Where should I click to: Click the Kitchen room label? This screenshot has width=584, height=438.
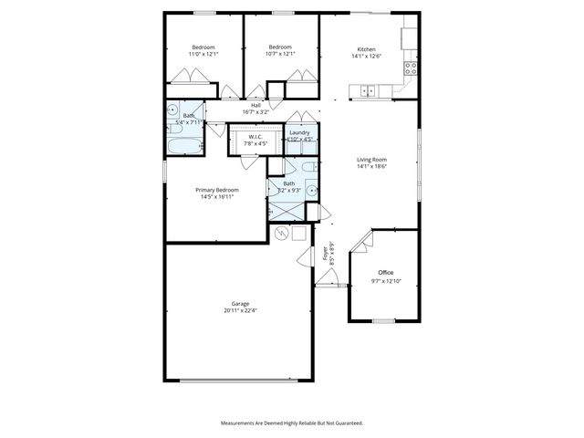[x=366, y=48]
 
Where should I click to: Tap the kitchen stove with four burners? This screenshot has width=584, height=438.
[x=412, y=67]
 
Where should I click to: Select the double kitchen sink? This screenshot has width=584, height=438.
[x=369, y=89]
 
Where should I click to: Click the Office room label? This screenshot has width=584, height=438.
[x=385, y=272]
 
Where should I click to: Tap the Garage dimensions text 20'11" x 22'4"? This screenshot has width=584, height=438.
[x=241, y=311]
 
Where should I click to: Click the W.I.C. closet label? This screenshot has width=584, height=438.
[x=255, y=136]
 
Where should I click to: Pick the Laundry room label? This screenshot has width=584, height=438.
[x=299, y=133]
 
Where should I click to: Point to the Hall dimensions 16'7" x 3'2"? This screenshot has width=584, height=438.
[x=255, y=112]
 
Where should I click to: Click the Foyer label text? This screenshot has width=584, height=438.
[x=325, y=255]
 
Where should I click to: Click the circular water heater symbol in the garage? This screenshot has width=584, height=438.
[x=282, y=234]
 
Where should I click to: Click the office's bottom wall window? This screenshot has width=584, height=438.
[x=383, y=320]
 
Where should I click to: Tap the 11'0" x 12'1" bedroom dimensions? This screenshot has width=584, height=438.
[x=203, y=54]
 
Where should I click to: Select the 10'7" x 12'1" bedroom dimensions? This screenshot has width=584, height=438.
[x=280, y=54]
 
